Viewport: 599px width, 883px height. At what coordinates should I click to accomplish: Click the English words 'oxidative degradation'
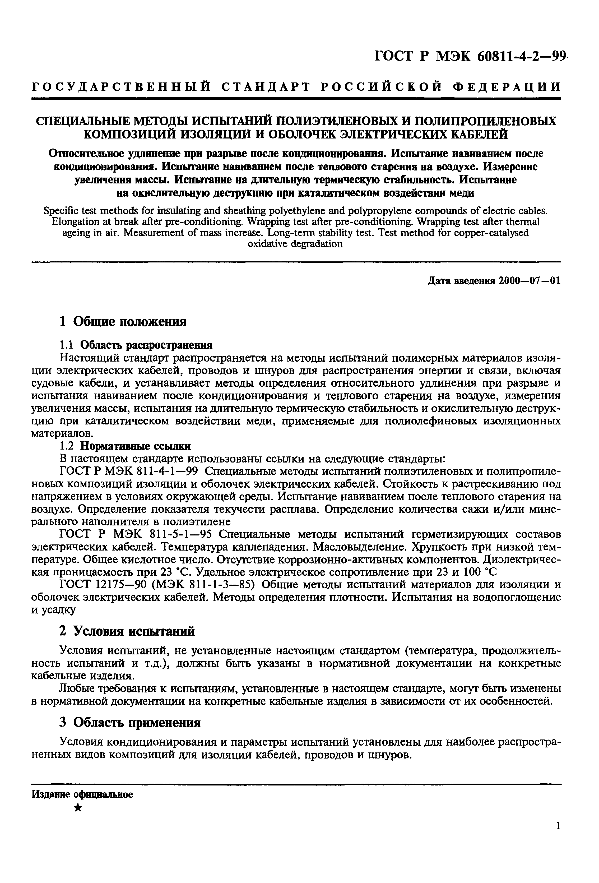pos(295,244)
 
